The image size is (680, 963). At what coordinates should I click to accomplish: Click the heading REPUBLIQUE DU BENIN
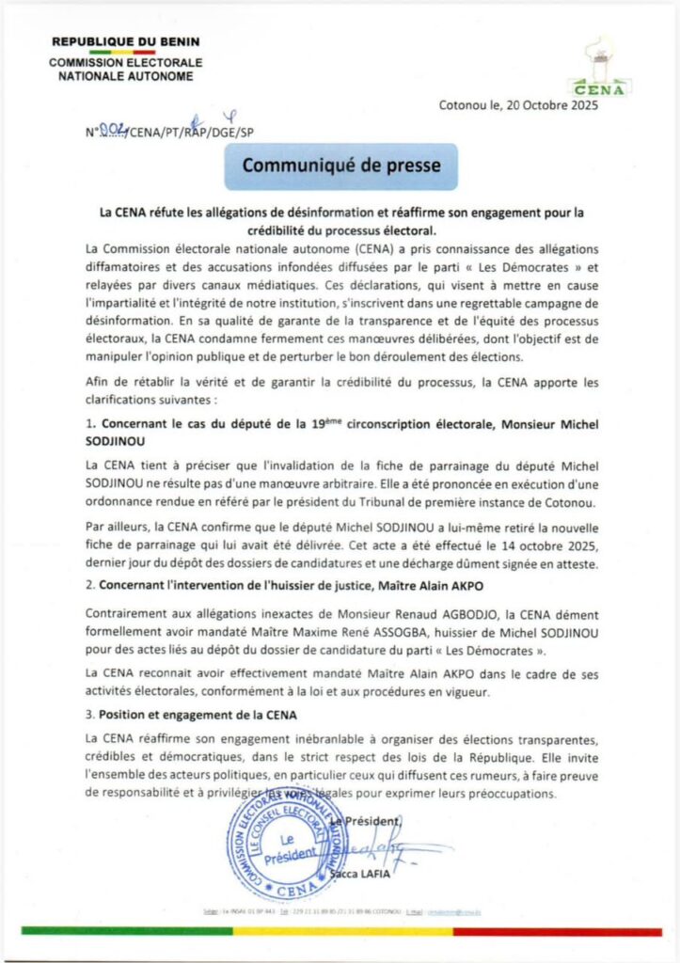pyautogui.click(x=126, y=43)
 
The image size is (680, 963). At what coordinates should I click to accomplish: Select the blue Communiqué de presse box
pyautogui.click(x=340, y=166)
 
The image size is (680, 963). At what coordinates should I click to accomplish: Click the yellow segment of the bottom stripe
pyautogui.click(x=342, y=931)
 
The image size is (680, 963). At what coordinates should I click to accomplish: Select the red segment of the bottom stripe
pyautogui.click(x=555, y=931)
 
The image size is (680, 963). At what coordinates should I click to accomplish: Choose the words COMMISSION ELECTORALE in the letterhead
pyautogui.click(x=126, y=62)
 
